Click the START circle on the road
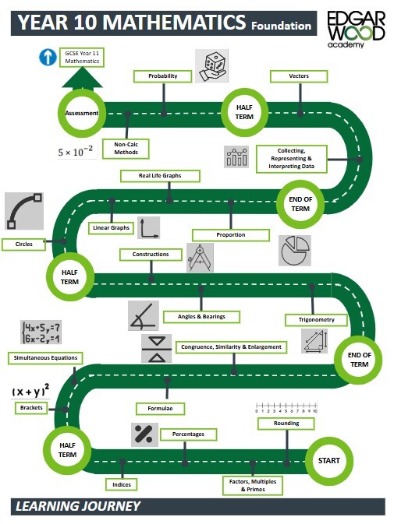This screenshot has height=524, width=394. click(329, 461)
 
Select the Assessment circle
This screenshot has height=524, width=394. click(82, 113)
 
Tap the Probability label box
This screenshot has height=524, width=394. click(163, 76)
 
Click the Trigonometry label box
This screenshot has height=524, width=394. click(311, 320)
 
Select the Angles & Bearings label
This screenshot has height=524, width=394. click(201, 316)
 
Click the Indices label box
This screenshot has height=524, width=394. click(122, 484)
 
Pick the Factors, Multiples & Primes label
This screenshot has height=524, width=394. click(252, 485)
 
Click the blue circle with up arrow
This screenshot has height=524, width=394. click(48, 57)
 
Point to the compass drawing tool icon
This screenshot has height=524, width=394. click(200, 258)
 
